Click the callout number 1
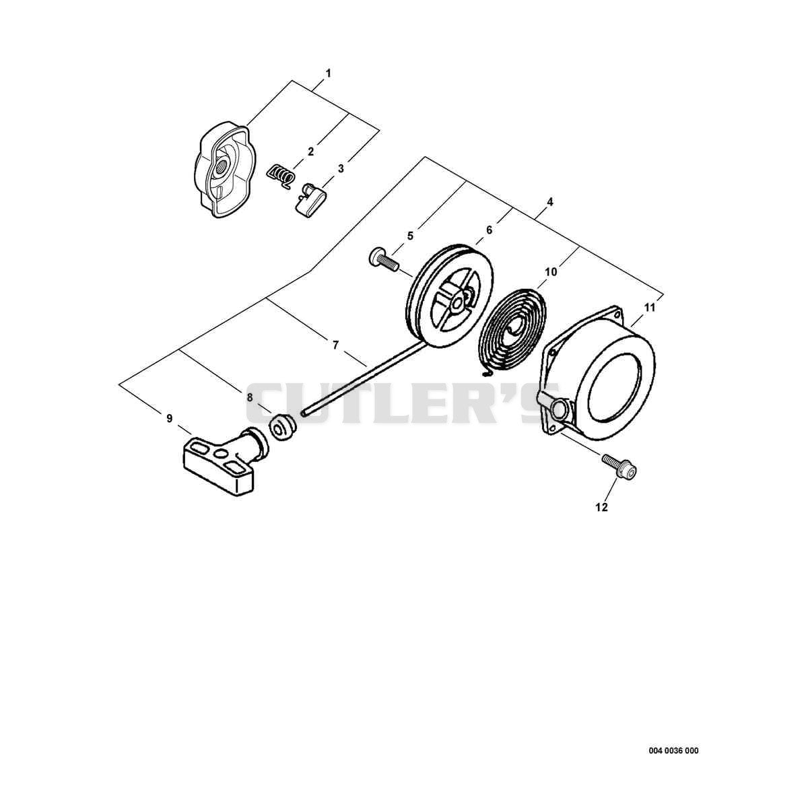coord(329,73)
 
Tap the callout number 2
coord(310,151)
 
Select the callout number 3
coord(341,168)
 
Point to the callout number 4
coord(550,202)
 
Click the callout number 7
coord(335,345)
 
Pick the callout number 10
coord(551,272)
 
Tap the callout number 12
coord(601,508)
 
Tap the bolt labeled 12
coord(619,465)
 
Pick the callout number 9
coord(170,418)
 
